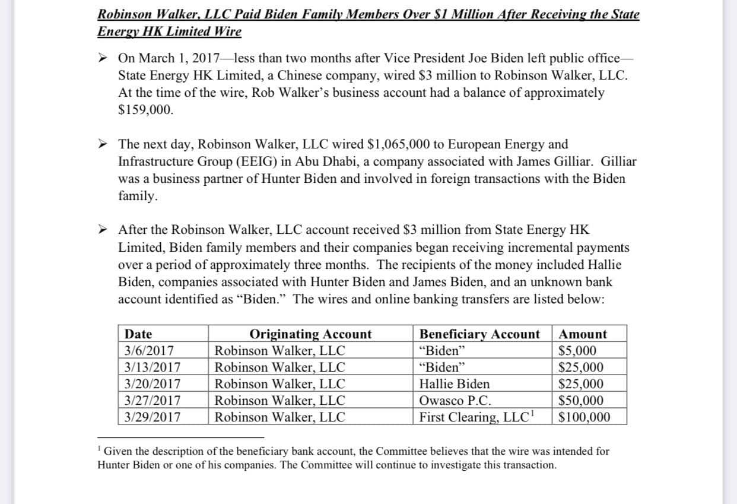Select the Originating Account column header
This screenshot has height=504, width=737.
[x=310, y=334]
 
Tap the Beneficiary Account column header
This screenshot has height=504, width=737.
[x=479, y=334]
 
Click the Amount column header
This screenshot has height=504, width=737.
[x=583, y=334]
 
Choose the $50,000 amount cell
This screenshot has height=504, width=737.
[x=582, y=401]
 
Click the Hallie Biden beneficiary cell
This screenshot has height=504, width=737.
[x=455, y=384]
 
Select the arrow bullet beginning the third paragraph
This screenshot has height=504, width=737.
[x=104, y=230]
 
